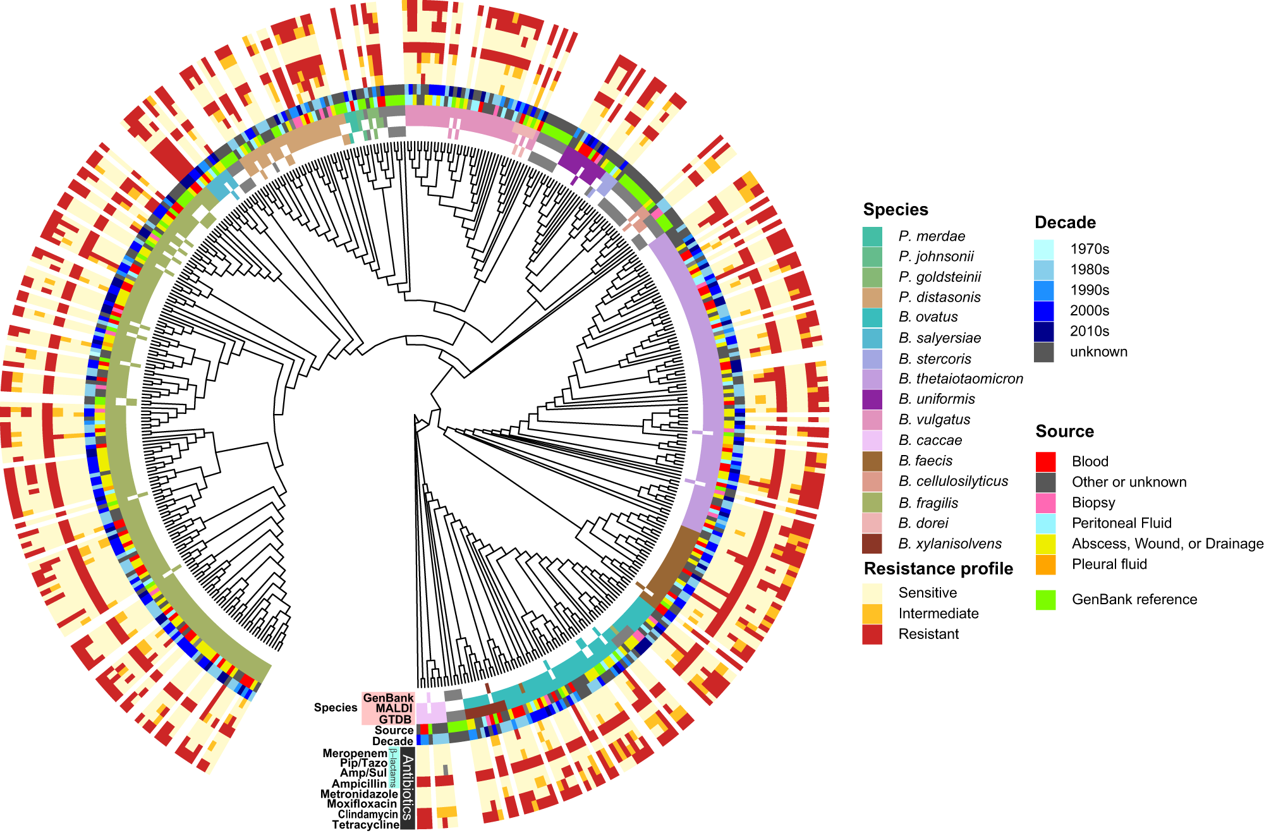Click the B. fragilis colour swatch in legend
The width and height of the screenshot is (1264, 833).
pos(872,502)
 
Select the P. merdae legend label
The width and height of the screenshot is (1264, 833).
pos(932,236)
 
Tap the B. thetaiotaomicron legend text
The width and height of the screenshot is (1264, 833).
pos(961,379)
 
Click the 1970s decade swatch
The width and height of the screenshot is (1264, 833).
pos(1043,249)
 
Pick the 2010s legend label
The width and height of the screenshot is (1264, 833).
pos(1090,331)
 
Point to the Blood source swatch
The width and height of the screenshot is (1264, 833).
pos(1045,461)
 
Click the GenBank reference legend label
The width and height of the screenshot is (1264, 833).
pos(1134,599)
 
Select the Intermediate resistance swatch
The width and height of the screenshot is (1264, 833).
pos(872,614)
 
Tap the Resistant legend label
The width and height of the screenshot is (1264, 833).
pos(928,634)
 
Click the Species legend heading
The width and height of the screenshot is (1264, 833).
pos(895,210)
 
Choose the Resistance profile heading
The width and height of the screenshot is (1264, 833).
pos(938,569)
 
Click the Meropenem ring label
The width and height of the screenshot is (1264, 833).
pos(355,753)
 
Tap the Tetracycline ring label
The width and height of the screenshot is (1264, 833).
pos(365,825)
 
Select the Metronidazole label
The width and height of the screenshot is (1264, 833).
pos(359,794)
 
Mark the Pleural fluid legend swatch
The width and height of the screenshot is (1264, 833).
pos(1045,564)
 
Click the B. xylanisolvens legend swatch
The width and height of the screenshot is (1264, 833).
pos(872,544)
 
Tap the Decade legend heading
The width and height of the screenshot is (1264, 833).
pos(1065,222)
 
